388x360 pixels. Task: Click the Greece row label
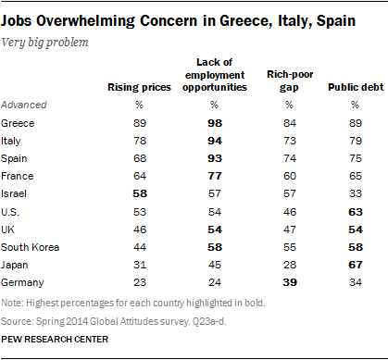click(x=25, y=121)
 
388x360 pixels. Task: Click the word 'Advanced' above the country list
click(x=29, y=104)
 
